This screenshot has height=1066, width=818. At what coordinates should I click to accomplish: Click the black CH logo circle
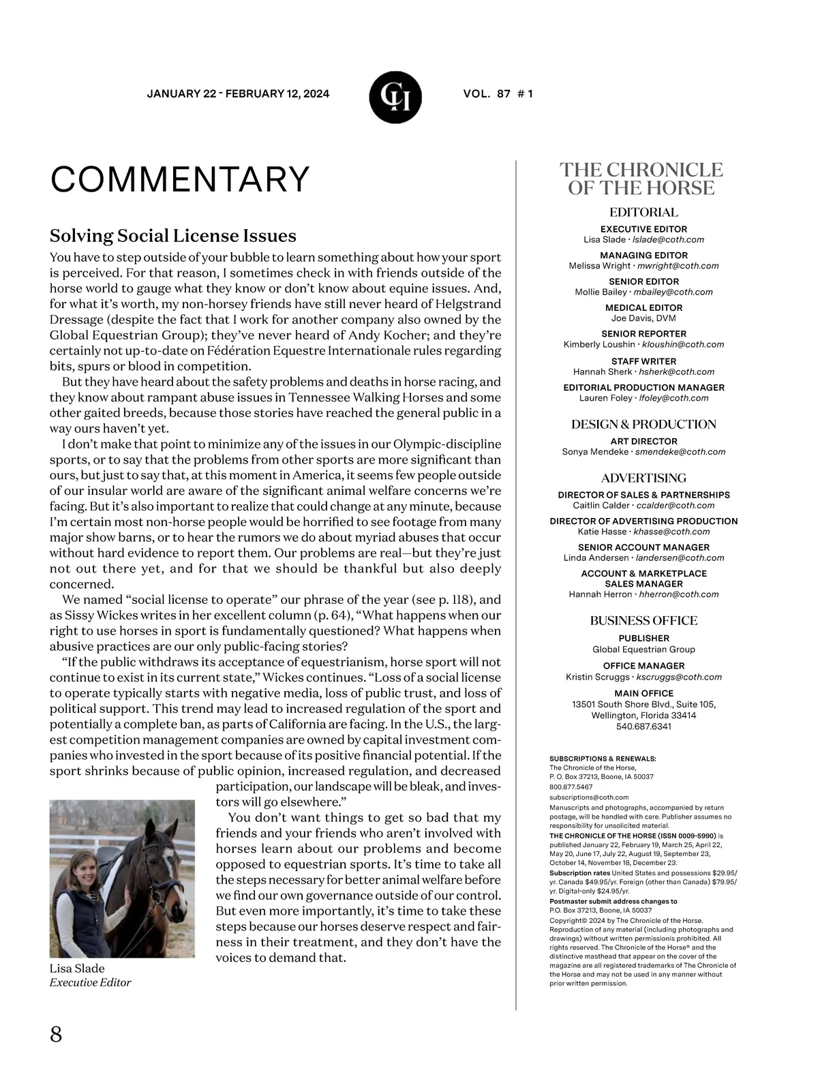pos(395,97)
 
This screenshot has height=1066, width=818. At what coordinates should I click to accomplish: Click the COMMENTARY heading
pos(180,179)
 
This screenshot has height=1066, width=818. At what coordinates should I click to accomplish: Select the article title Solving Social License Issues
pos(173,236)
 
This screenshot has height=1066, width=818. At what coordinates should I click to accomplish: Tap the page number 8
pos(56,1034)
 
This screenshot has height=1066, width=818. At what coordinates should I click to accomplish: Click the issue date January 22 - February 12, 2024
pos(238,94)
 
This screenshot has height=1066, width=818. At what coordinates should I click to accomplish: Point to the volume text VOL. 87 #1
pos(498,94)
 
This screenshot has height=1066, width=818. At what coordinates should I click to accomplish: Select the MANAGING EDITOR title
pos(643,256)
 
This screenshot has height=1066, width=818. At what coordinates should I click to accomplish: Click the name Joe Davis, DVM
pos(643,318)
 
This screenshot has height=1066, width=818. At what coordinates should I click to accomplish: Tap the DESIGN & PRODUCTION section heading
pos(643,425)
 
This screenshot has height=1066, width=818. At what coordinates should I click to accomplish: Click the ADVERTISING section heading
pos(643,478)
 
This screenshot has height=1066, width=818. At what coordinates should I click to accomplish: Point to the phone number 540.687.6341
pos(643,727)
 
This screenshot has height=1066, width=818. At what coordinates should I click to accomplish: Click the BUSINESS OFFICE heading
pos(643,621)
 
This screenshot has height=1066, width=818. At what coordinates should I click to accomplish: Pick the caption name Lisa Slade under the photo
pos(77,969)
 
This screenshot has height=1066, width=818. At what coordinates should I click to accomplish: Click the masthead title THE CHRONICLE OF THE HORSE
pos(641,179)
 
